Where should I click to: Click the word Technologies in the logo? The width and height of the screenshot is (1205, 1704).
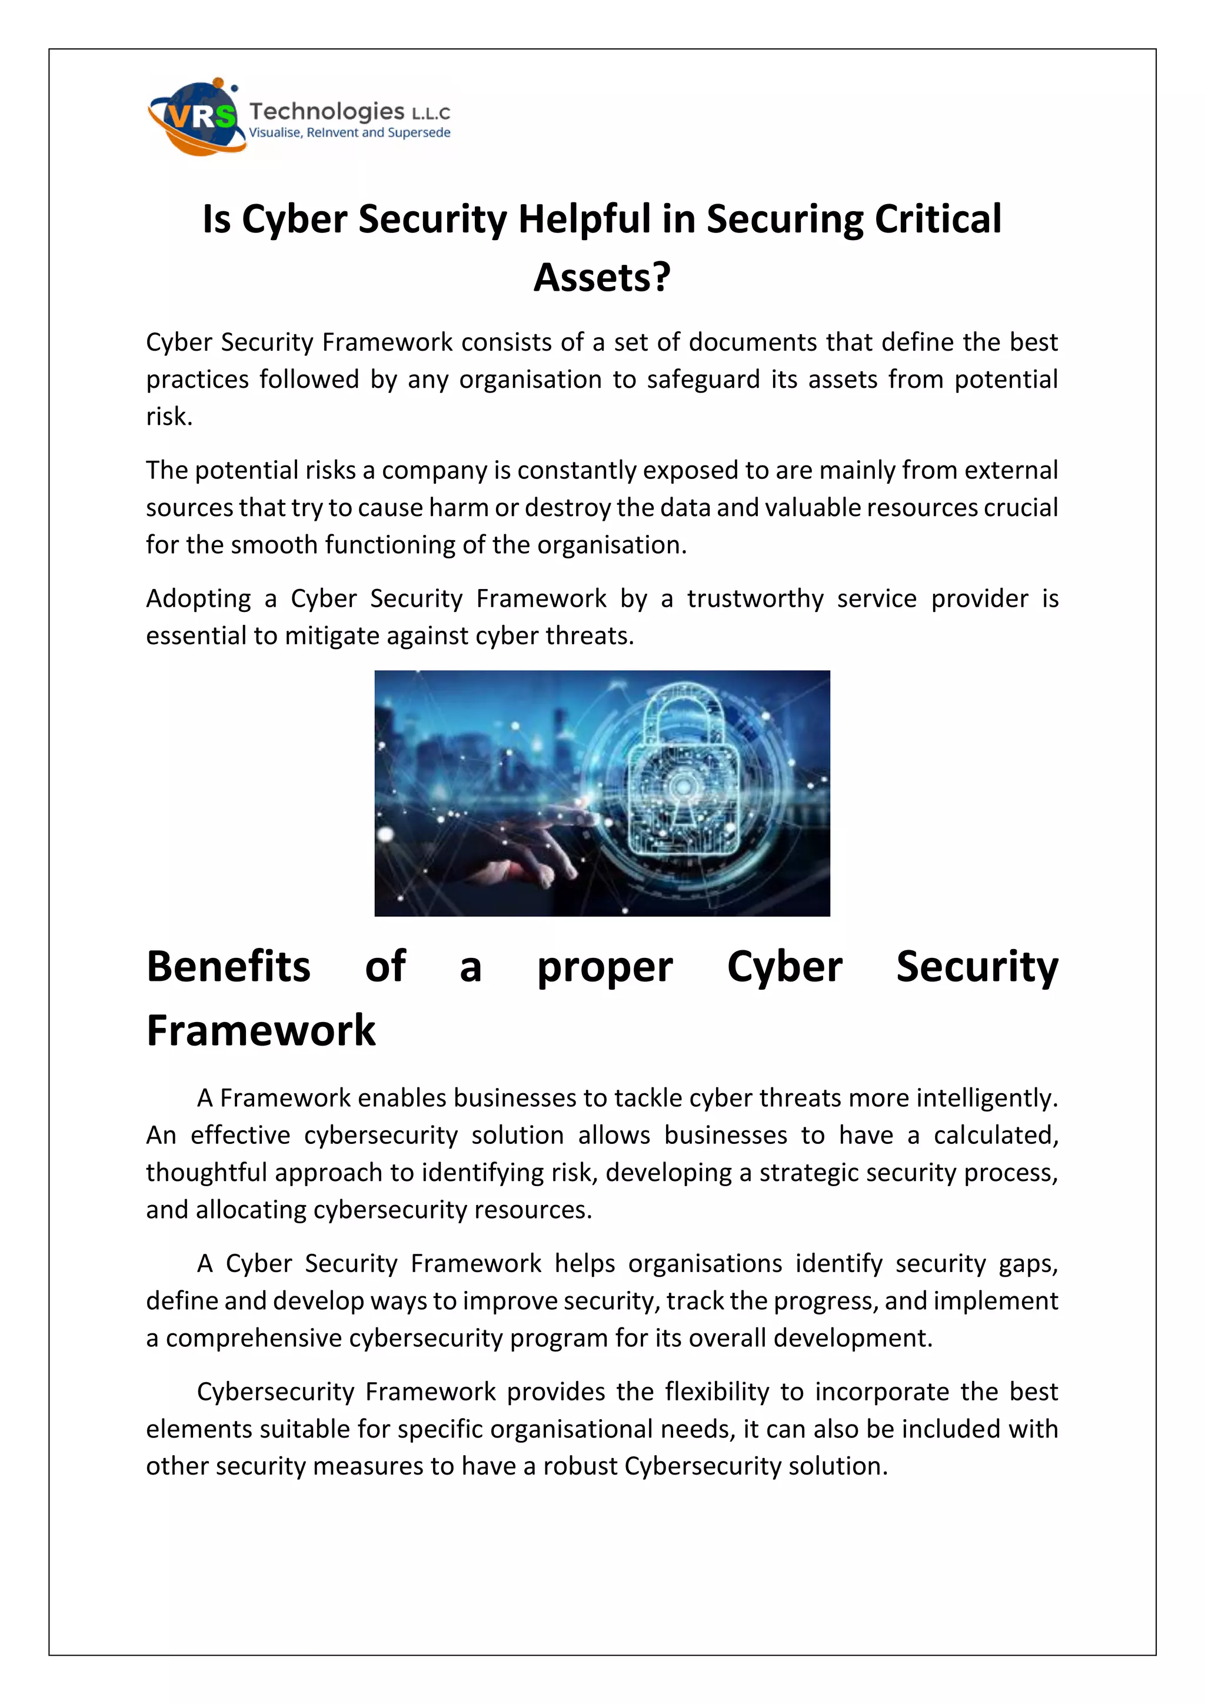(327, 111)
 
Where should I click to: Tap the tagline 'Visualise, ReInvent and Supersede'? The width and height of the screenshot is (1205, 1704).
(349, 133)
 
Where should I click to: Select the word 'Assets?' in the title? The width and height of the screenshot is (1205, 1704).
(602, 278)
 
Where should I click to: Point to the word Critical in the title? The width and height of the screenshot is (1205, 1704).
(938, 219)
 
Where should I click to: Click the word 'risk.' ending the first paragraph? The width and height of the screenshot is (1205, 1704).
(169, 417)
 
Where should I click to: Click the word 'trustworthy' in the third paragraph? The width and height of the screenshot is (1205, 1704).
(755, 599)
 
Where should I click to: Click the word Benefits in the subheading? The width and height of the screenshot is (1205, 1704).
(228, 967)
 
